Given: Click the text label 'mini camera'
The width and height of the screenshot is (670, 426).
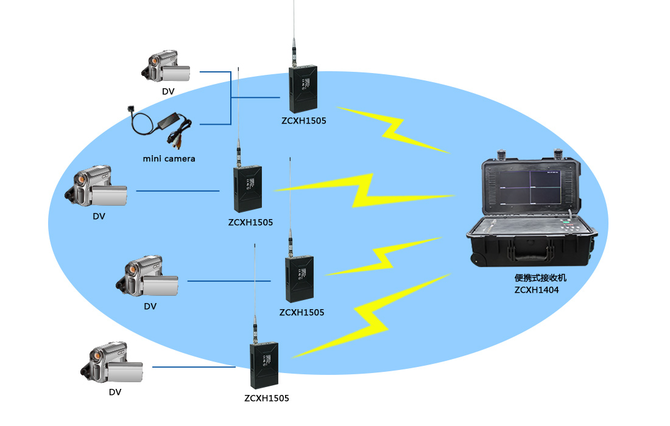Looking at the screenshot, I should coord(169,159).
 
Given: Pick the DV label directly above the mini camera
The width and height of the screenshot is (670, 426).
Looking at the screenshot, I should coord(168,91).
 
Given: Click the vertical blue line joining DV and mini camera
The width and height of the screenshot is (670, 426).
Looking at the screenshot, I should coord(231,97).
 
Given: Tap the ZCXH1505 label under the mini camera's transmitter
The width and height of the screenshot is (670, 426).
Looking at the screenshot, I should coord(304,120).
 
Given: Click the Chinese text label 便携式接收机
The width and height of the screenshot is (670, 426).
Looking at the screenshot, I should coord(540,278).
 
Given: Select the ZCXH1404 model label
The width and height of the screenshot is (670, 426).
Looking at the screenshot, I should coord(536,290).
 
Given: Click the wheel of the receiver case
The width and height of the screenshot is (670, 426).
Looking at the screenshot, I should coord(480,260).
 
